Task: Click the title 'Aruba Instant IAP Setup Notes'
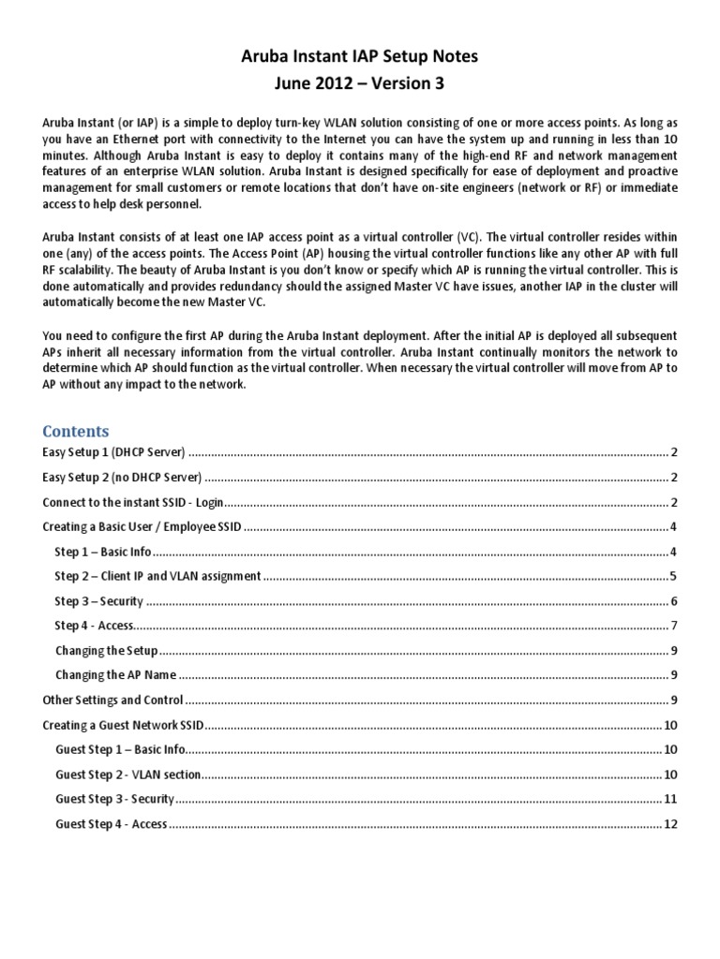point(360,56)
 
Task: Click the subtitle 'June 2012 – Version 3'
point(360,84)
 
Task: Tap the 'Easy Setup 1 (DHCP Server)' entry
point(115,452)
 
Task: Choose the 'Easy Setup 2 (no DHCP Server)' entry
point(123,477)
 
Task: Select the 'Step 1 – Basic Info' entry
point(103,552)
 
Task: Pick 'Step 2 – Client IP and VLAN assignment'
point(157,576)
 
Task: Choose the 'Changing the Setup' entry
point(106,650)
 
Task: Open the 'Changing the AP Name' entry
point(115,675)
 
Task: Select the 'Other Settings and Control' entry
point(113,700)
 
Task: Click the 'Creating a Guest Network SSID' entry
point(124,725)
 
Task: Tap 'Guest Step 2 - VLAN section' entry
point(129,775)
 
